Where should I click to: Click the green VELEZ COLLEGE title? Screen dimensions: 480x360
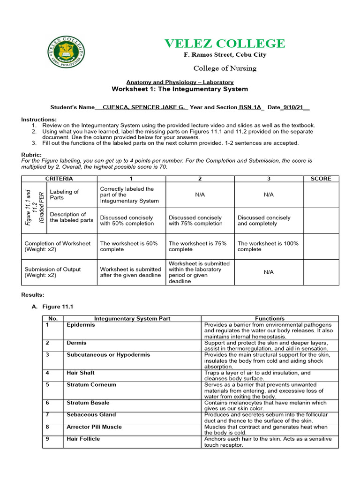pos(225,44)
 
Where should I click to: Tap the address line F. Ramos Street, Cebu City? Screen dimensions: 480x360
pos(225,55)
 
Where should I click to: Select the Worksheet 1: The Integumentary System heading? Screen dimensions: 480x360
pos(180,89)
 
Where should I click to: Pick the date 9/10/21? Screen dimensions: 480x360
pos(293,107)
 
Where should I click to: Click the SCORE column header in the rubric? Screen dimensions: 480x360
pos(320,179)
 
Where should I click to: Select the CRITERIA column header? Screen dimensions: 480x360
pos(59,179)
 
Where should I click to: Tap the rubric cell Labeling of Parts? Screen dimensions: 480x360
pos(64,195)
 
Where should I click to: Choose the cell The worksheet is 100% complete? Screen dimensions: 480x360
pos(268,247)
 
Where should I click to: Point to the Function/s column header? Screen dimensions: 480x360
pos(270,319)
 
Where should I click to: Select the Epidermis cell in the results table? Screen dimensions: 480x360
pos(81,325)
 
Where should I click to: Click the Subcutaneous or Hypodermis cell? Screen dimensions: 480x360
pos(108,355)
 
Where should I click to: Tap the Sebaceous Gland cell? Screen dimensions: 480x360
pos(91,415)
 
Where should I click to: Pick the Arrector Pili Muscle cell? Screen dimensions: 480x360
pos(94,427)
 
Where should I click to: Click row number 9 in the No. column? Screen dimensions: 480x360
pos(47,439)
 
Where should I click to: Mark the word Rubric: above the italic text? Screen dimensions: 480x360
pos(32,155)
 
